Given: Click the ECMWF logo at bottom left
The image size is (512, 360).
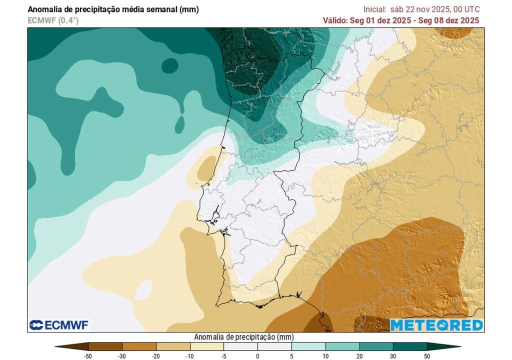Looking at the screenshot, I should click(59, 325).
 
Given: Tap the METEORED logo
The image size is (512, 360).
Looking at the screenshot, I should click(436, 325).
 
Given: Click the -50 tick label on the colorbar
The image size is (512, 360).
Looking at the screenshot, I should click(88, 355).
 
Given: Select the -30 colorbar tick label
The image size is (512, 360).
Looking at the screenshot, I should click(122, 355).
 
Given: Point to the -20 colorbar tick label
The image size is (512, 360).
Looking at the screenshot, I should click(156, 355).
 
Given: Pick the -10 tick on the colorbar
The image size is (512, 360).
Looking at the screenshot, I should click(190, 355).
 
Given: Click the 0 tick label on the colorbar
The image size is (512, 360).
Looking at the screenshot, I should click(257, 355).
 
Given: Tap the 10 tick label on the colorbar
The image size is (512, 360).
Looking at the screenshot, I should click(325, 355).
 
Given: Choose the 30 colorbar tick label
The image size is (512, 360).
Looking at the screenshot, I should click(393, 355).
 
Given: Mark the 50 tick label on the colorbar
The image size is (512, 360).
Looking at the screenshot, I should click(427, 355).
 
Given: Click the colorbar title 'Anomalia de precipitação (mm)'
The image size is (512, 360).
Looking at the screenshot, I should click(243, 337).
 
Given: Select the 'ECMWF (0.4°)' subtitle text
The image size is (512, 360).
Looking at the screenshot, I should click(53, 20).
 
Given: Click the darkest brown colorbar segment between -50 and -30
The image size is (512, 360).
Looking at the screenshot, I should click(105, 346).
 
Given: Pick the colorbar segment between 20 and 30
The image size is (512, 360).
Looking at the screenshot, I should click(376, 346).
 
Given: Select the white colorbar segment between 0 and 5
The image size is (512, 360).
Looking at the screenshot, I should click(274, 346).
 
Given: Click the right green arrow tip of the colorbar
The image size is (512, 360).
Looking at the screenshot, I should click(452, 346).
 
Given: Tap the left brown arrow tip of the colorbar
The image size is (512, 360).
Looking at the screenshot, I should click(63, 346).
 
